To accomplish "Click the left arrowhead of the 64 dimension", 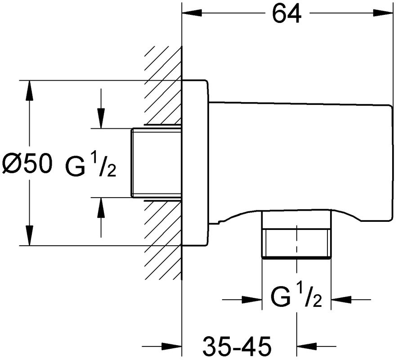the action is (192, 13).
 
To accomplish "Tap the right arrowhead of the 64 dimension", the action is (383, 13).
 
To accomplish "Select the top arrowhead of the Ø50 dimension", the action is (29, 90).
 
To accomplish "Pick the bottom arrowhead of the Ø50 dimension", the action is (29, 236).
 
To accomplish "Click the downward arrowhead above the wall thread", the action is (101, 119).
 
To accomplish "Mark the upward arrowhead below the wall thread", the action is (101, 207).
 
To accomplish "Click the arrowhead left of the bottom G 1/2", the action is (252, 300).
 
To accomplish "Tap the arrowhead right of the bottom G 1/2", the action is (341, 300).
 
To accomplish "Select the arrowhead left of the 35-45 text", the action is (172, 346).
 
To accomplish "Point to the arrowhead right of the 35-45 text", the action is (307, 346).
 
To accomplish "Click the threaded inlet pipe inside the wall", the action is (157, 163).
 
